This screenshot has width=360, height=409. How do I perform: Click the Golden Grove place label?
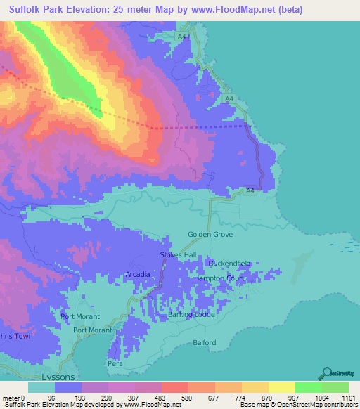pyautogui.click(x=204, y=235)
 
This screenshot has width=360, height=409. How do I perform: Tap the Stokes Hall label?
pyautogui.click(x=176, y=255)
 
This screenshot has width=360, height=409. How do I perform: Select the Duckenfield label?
pyautogui.click(x=230, y=264)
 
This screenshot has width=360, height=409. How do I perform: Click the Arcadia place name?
pyautogui.click(x=137, y=273)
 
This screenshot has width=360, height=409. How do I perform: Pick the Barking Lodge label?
pyautogui.click(x=191, y=315)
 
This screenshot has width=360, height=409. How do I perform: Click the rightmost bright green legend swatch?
pyautogui.click(x=335, y=388)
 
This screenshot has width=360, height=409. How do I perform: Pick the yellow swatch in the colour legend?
pyautogui.click(x=282, y=388)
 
